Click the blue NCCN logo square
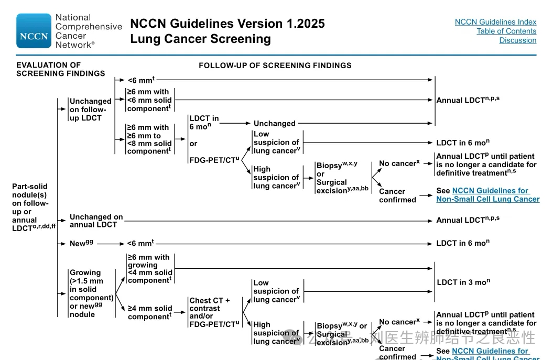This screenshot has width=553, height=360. click(x=34, y=31)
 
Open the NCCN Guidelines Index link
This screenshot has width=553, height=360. click(x=495, y=22)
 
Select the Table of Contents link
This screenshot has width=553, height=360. click(x=506, y=31)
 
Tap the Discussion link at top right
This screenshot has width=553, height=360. click(x=517, y=40)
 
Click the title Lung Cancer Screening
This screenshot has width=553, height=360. click(x=200, y=39)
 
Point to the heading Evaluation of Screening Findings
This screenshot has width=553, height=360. click(x=60, y=69)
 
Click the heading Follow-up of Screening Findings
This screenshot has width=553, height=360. click(x=275, y=66)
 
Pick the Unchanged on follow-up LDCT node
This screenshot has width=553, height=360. click(x=90, y=110)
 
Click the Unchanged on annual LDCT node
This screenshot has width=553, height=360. click(x=96, y=221)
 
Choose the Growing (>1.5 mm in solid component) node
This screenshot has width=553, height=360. click(x=91, y=293)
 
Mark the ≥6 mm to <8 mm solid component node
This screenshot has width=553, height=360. click(x=149, y=139)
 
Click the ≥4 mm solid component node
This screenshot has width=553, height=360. click(x=150, y=312)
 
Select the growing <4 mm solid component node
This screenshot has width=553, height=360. click(x=149, y=269)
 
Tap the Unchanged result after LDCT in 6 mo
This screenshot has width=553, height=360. click(x=274, y=124)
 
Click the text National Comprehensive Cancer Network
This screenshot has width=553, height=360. click(x=88, y=31)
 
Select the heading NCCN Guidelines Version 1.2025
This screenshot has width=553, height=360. click(x=227, y=24)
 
